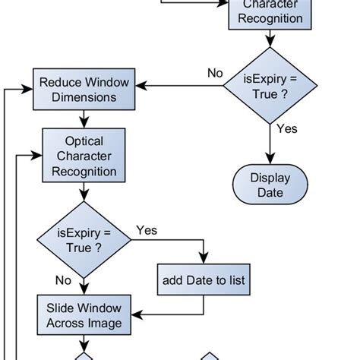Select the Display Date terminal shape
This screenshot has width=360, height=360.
pyautogui.click(x=270, y=185)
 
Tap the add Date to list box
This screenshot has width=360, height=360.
pyautogui.click(x=204, y=281)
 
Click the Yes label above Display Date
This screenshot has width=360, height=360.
pyautogui.click(x=286, y=129)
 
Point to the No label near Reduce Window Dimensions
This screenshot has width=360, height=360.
pyautogui.click(x=215, y=74)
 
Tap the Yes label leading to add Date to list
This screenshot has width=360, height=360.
pyautogui.click(x=147, y=229)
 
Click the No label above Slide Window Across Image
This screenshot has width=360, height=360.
pyautogui.click(x=63, y=280)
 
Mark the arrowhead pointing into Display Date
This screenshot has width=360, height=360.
pyautogui.click(x=270, y=161)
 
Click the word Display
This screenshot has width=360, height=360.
pyautogui.click(x=270, y=178)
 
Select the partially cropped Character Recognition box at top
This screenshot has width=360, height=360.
pyautogui.click(x=270, y=14)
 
